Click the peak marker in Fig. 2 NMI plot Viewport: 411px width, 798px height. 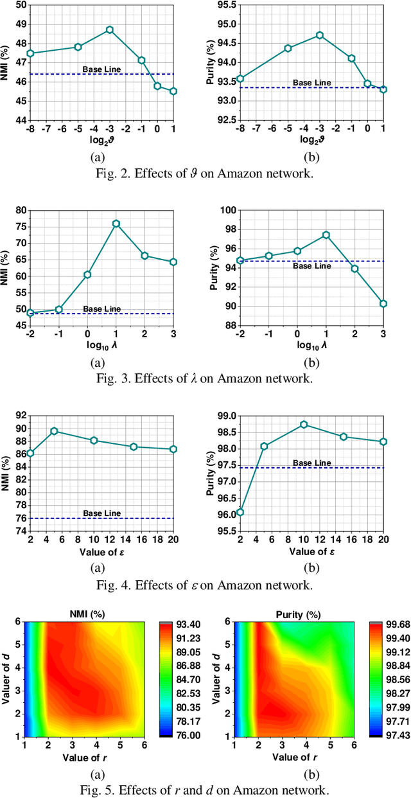110,30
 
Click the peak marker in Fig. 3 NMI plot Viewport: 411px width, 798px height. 116,224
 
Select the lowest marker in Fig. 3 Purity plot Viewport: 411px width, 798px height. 383,303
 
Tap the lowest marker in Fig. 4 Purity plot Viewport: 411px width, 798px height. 240,512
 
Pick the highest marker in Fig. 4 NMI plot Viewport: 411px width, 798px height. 54,431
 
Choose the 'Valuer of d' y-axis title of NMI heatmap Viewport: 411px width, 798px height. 6,676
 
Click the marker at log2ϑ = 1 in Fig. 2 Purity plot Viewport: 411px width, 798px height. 383,89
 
